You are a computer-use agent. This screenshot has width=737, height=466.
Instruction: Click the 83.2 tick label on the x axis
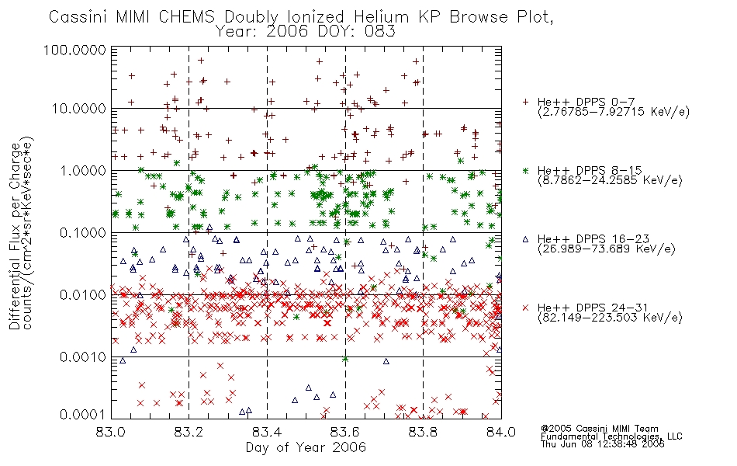coord(189,432)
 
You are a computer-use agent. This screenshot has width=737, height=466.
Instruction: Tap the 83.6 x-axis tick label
coord(345,432)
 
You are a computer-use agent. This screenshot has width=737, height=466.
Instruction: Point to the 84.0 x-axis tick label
coord(501,432)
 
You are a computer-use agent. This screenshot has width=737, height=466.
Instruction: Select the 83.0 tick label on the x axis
coord(111,432)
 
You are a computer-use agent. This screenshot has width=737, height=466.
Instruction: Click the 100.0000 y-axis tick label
coord(74,50)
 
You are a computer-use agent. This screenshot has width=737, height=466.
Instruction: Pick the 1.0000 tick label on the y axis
coord(83,170)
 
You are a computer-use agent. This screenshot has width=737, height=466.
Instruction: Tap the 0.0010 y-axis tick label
coord(83,356)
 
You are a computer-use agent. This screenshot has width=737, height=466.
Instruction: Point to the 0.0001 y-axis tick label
coord(83,414)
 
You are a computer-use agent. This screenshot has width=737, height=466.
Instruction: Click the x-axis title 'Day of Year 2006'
coord(306,447)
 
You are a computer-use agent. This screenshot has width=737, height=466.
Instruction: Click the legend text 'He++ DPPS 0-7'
coord(586,103)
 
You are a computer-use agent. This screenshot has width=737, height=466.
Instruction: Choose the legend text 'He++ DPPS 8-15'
coord(590,170)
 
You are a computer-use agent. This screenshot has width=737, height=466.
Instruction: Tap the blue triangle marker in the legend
coord(525,239)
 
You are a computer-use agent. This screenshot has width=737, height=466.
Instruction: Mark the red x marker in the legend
coord(525,308)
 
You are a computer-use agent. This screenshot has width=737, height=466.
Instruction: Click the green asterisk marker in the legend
coord(525,170)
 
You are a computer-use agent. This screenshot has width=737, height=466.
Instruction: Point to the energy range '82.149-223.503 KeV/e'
coord(610,318)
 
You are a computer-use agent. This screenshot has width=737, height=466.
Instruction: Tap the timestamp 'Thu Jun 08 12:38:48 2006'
coord(603,444)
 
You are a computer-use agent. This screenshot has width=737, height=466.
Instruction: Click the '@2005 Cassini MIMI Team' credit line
coord(599,429)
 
